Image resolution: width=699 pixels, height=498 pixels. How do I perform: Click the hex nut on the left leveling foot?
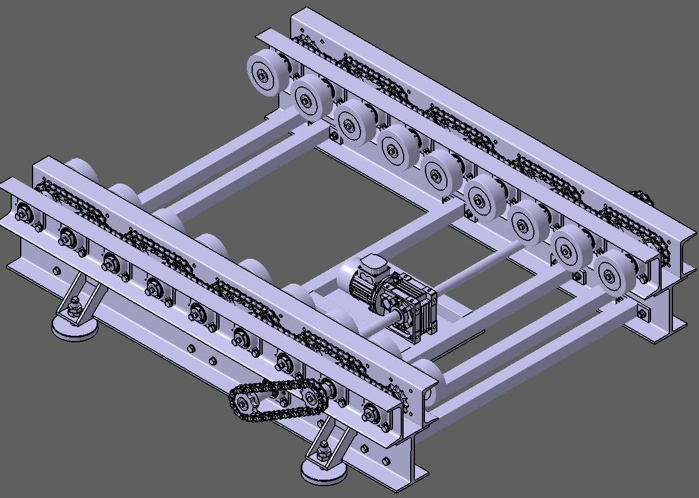point(74,307)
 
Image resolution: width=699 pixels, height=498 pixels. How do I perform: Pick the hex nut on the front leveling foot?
point(324,453)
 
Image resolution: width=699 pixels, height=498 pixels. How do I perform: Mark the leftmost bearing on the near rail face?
point(24,212)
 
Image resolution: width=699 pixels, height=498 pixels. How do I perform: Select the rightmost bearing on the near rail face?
point(371,412)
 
